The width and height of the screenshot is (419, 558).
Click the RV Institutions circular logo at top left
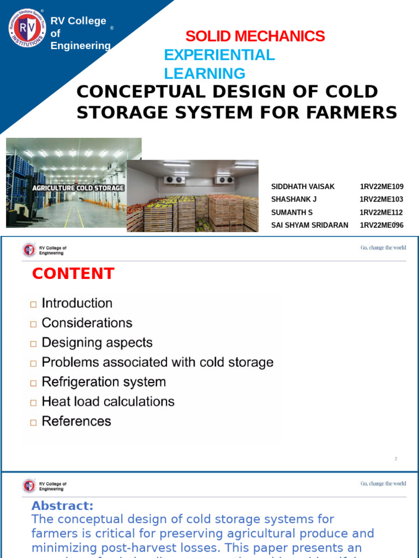(x=27, y=28)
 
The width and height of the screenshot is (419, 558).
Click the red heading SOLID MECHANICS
(x=255, y=37)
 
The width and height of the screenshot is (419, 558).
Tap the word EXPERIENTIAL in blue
(x=219, y=55)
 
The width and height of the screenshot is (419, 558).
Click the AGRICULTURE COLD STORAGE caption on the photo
(x=79, y=188)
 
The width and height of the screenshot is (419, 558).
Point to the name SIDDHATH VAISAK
(x=303, y=187)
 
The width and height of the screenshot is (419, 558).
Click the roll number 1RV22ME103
(x=381, y=199)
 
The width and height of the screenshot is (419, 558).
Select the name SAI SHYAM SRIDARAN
(x=309, y=225)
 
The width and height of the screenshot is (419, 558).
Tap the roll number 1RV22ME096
(x=381, y=225)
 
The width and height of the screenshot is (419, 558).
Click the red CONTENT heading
(x=73, y=274)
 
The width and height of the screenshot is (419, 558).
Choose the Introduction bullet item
(x=77, y=304)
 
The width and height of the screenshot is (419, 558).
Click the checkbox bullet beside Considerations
(x=34, y=324)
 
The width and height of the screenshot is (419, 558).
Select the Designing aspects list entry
(x=97, y=343)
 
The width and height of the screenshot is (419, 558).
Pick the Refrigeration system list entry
(x=104, y=382)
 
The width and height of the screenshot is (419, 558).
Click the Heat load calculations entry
(x=108, y=402)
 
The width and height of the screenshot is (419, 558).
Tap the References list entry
(x=76, y=421)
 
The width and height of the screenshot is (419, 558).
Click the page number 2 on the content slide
(x=396, y=459)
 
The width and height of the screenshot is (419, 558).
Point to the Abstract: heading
(x=63, y=506)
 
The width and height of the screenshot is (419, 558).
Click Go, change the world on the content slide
(x=383, y=248)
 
